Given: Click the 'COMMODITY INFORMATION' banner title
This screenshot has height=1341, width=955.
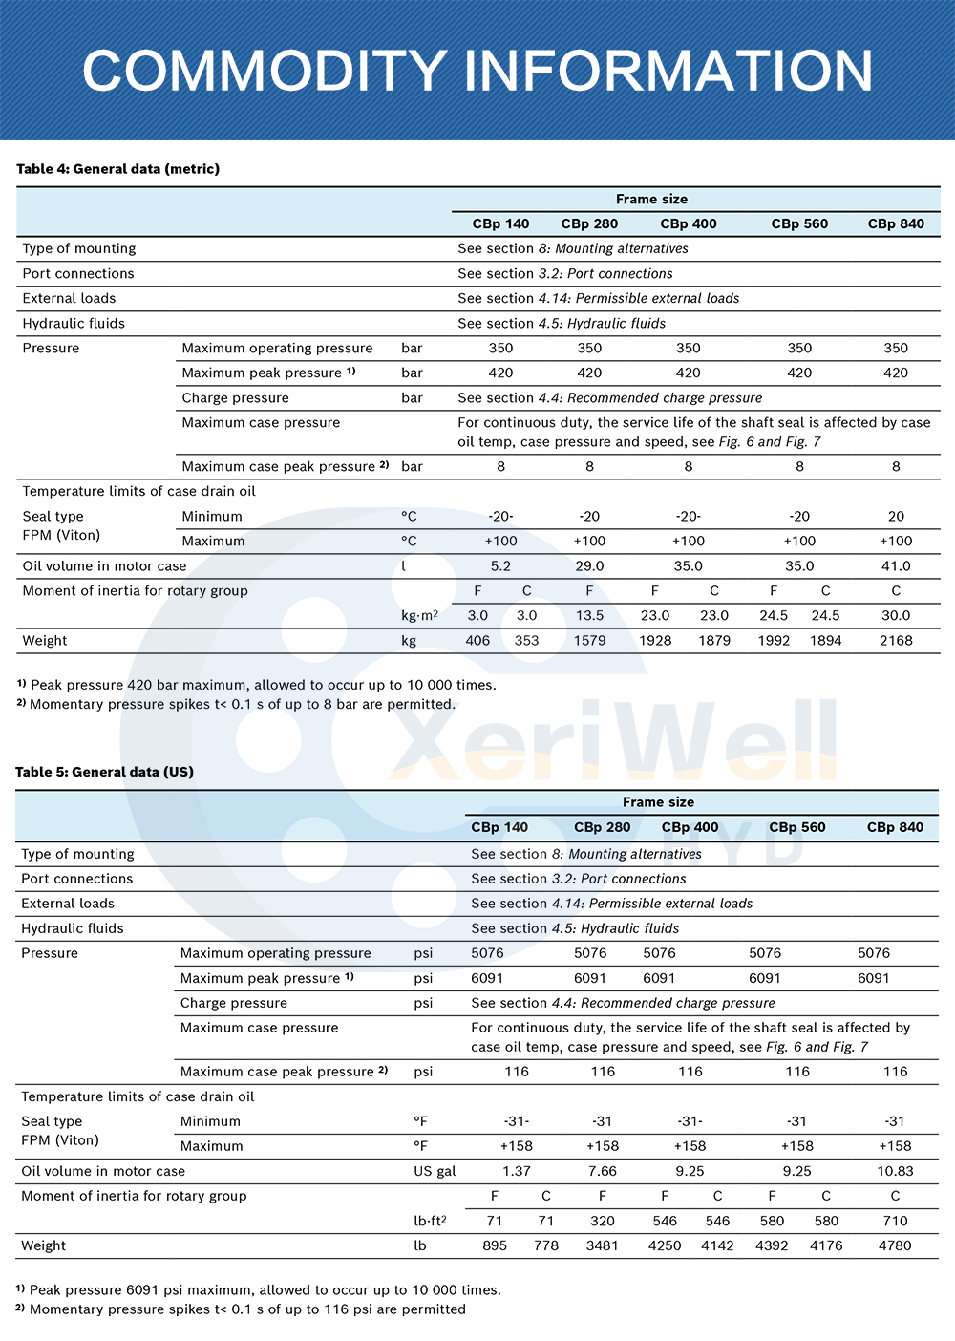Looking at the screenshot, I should tap(477, 71).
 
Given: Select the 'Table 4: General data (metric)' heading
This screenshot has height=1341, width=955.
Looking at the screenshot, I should tap(117, 169).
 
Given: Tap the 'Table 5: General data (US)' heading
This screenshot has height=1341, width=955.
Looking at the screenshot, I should tap(104, 772).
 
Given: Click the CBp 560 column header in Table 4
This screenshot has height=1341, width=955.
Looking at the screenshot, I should tap(799, 223).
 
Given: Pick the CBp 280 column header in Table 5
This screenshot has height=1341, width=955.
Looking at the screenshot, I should tap(602, 827).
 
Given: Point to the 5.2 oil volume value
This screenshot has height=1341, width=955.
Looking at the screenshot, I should tap(500, 566).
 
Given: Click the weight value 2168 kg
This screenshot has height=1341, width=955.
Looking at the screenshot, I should tap(896, 641).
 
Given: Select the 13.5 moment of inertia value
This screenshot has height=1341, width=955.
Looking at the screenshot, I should tap(589, 616).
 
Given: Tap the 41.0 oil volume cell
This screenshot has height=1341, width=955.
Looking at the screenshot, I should tap(896, 566).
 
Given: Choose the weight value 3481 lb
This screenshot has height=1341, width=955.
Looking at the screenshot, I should tap(602, 1245).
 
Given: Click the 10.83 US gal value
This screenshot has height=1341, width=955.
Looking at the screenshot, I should tap(895, 1171).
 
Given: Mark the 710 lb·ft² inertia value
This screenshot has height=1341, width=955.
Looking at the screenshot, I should tap(895, 1221).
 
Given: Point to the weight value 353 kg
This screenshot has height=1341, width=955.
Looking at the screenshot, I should tap(526, 641).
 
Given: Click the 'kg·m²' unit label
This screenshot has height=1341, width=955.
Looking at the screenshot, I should tap(419, 616).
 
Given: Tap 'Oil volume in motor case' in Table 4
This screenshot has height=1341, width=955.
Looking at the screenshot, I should tap(104, 566).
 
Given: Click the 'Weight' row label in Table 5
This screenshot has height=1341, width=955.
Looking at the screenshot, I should tap(44, 1245).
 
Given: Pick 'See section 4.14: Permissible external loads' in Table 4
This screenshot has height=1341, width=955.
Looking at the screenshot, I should tap(598, 298).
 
